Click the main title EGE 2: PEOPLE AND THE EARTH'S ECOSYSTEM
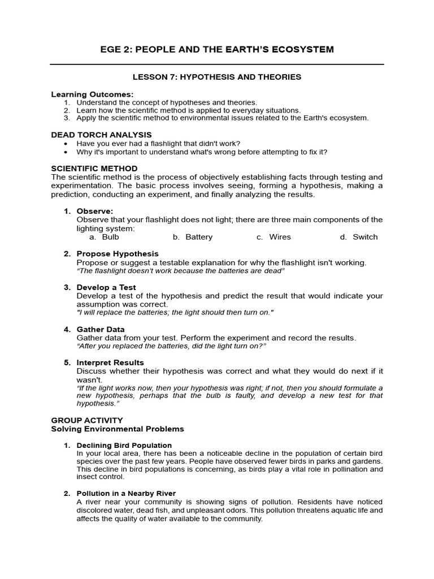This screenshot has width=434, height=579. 217,50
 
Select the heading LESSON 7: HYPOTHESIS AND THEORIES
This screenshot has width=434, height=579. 217,77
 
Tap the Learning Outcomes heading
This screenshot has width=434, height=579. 92,94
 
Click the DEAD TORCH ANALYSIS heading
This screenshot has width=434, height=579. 101,135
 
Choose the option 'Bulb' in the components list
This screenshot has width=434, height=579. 110,237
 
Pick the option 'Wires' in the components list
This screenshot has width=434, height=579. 280,237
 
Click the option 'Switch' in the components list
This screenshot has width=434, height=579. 365,237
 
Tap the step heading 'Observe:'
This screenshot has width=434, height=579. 94,211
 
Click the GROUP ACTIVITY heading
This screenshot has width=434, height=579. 86,420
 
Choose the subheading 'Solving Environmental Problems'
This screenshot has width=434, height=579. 118,429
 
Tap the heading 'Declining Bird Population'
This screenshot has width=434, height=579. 124,446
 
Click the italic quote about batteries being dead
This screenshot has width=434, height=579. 180,271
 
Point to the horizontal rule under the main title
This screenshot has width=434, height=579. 217,64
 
